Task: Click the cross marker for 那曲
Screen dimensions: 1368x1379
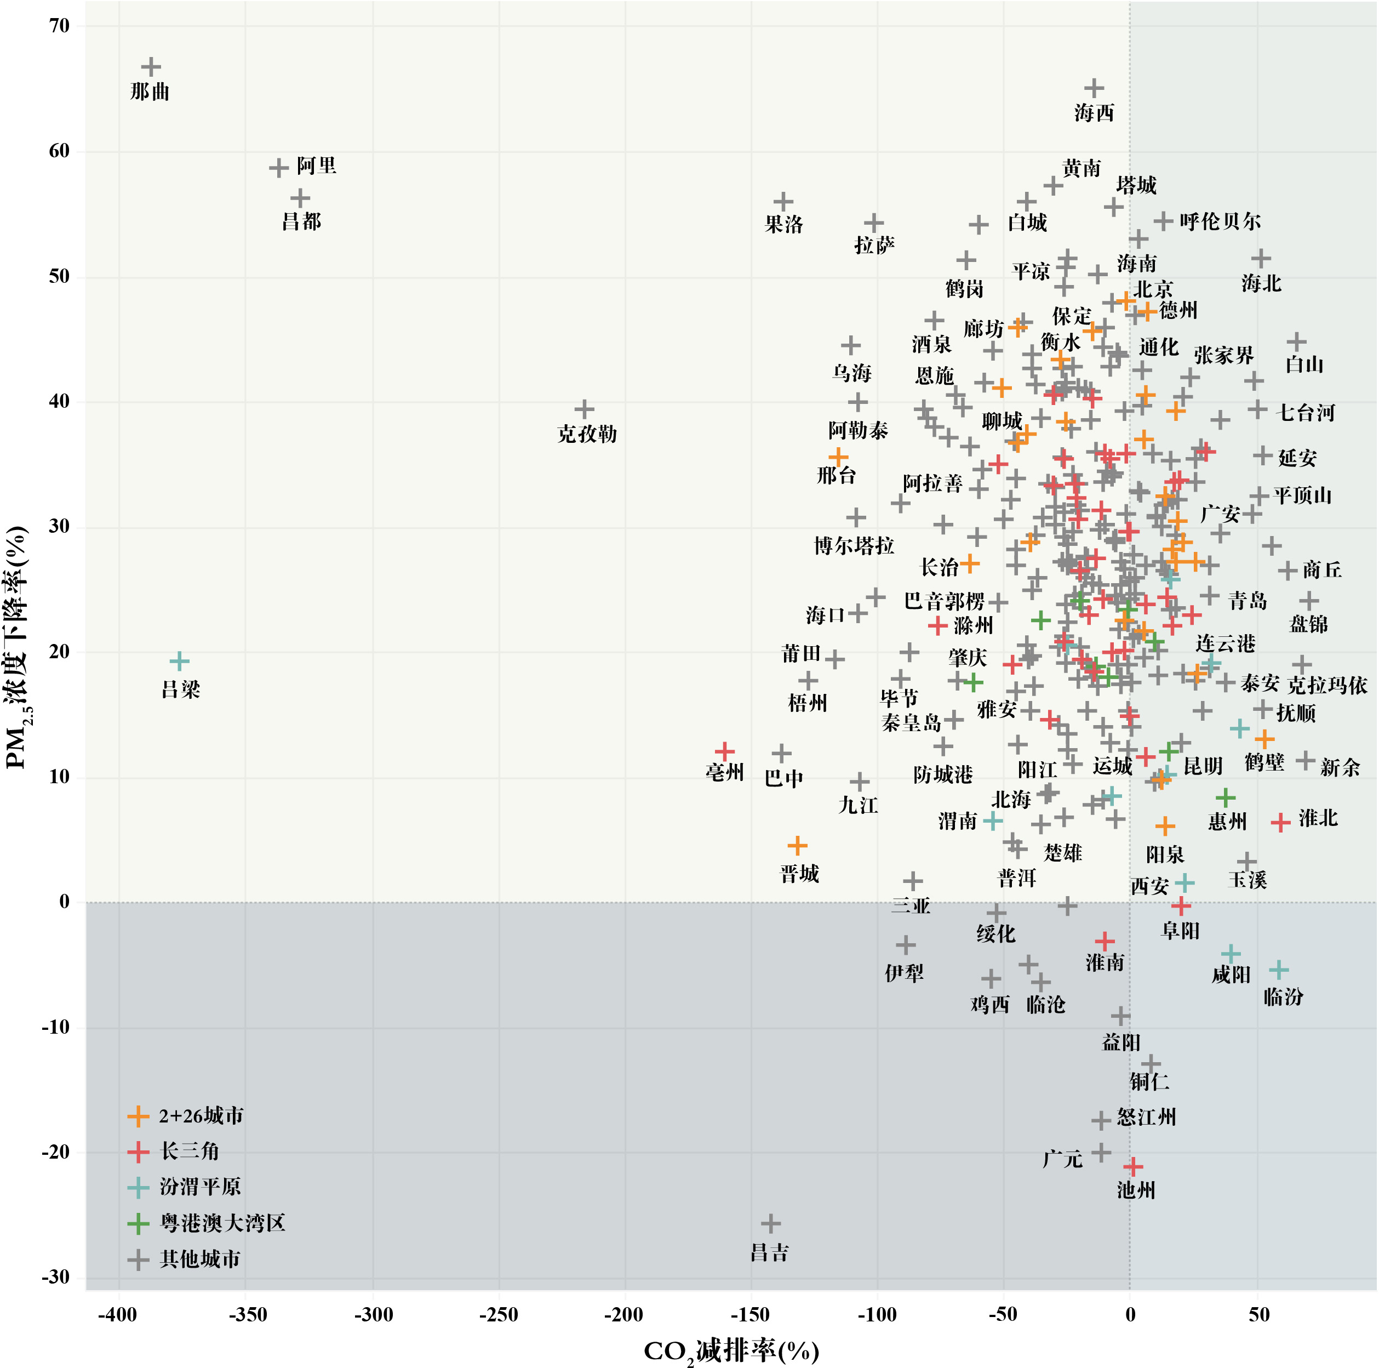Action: (151, 67)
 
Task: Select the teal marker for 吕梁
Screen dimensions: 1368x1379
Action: (180, 661)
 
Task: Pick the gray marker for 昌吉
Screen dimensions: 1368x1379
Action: (770, 1224)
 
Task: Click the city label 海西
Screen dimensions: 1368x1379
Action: (1094, 113)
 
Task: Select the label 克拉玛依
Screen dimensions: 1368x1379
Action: (1327, 686)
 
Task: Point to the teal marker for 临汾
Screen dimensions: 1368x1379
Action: (1278, 970)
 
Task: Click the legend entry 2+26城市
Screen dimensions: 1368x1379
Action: (201, 1116)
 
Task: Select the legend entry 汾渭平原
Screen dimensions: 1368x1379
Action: (200, 1187)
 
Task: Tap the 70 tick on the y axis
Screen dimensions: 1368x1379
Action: (60, 26)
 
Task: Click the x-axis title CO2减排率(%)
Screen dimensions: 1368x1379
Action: (731, 1351)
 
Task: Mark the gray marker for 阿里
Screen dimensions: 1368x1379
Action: (278, 168)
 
